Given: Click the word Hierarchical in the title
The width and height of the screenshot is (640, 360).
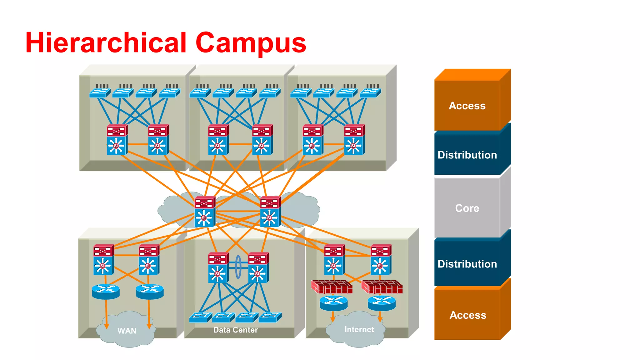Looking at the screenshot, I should [x=106, y=43].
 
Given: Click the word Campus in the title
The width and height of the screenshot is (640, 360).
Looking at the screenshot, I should [x=251, y=43].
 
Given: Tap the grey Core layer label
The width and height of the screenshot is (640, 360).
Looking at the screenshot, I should [x=467, y=208].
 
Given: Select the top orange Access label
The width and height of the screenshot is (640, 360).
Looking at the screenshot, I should [x=467, y=106].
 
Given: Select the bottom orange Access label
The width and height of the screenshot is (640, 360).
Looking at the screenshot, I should [x=468, y=315].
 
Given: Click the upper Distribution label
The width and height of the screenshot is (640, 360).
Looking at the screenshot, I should [x=467, y=155].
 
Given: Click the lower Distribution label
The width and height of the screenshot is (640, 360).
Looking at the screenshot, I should [x=467, y=264].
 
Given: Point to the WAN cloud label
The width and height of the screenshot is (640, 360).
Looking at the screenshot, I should [x=127, y=331].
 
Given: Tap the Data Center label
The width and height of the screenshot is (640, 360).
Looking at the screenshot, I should [x=235, y=330].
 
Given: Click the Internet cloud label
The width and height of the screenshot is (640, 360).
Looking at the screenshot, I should [x=359, y=329].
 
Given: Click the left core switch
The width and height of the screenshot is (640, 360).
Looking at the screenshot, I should [x=204, y=212].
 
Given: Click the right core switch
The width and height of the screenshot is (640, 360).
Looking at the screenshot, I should [x=270, y=212].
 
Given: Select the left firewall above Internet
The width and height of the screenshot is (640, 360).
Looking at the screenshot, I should [x=332, y=287].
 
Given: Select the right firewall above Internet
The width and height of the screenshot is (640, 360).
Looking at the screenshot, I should [x=382, y=287].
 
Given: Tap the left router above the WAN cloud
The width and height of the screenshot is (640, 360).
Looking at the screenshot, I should [x=106, y=292].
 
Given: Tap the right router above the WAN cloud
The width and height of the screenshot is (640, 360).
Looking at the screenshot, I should [x=150, y=292].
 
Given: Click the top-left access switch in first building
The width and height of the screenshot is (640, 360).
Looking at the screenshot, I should [x=100, y=92].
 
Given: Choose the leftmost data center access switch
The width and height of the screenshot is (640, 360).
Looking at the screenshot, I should [x=200, y=317].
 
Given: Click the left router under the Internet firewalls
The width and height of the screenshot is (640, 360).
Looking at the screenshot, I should [x=333, y=303].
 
